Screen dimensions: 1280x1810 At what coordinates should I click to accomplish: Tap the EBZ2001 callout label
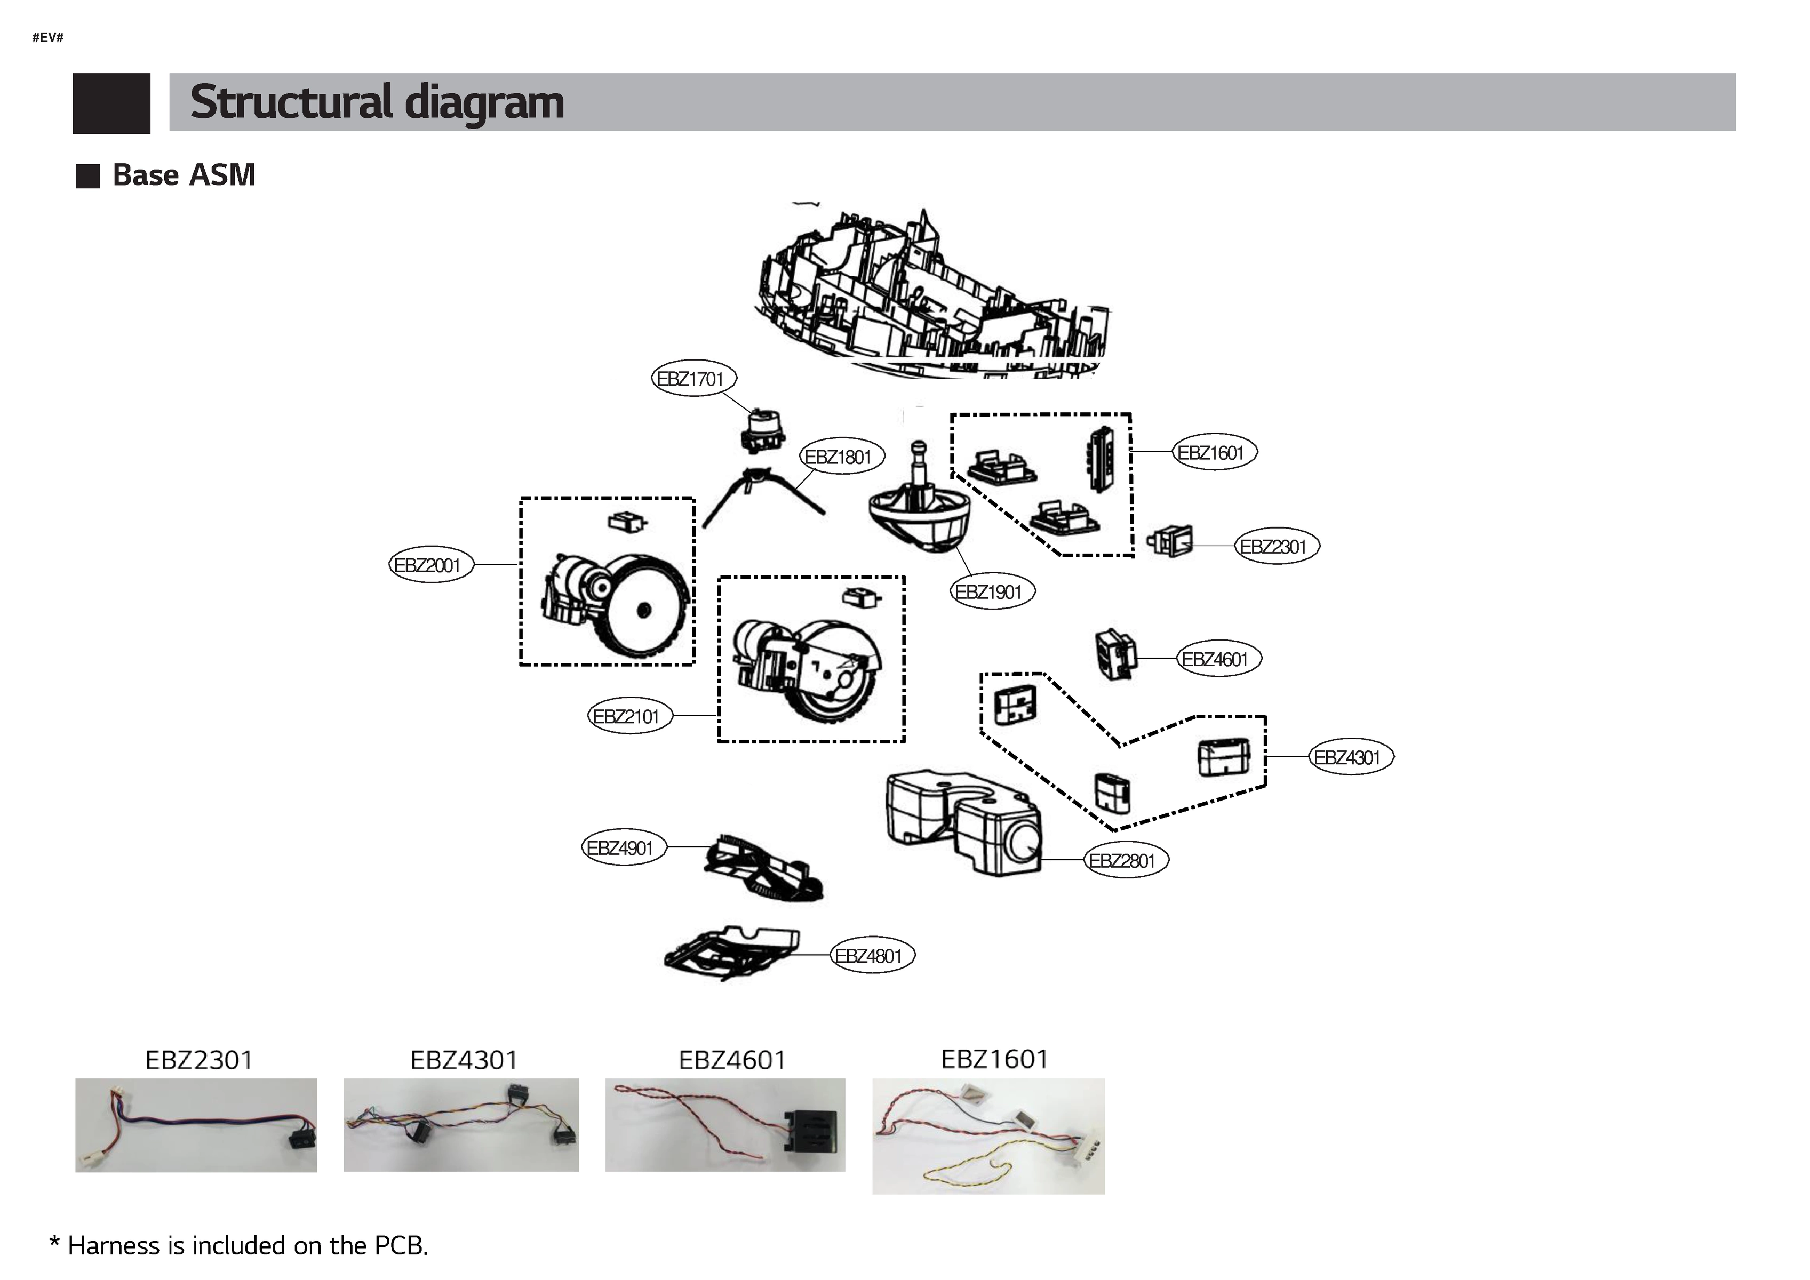coord(430,565)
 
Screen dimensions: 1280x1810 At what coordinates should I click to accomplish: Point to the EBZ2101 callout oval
coord(628,716)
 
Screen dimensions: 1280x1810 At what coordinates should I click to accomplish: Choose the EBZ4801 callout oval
coord(871,956)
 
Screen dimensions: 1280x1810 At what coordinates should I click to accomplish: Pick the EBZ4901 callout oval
coord(623,848)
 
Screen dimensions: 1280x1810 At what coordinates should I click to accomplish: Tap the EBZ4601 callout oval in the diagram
coord(1217,659)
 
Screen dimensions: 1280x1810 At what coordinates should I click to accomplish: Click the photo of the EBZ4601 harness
coord(724,1125)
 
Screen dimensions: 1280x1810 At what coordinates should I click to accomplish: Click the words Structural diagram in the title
coord(377,102)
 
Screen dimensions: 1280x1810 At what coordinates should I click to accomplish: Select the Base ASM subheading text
coord(184,175)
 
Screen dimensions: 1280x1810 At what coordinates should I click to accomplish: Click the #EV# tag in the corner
coord(47,37)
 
